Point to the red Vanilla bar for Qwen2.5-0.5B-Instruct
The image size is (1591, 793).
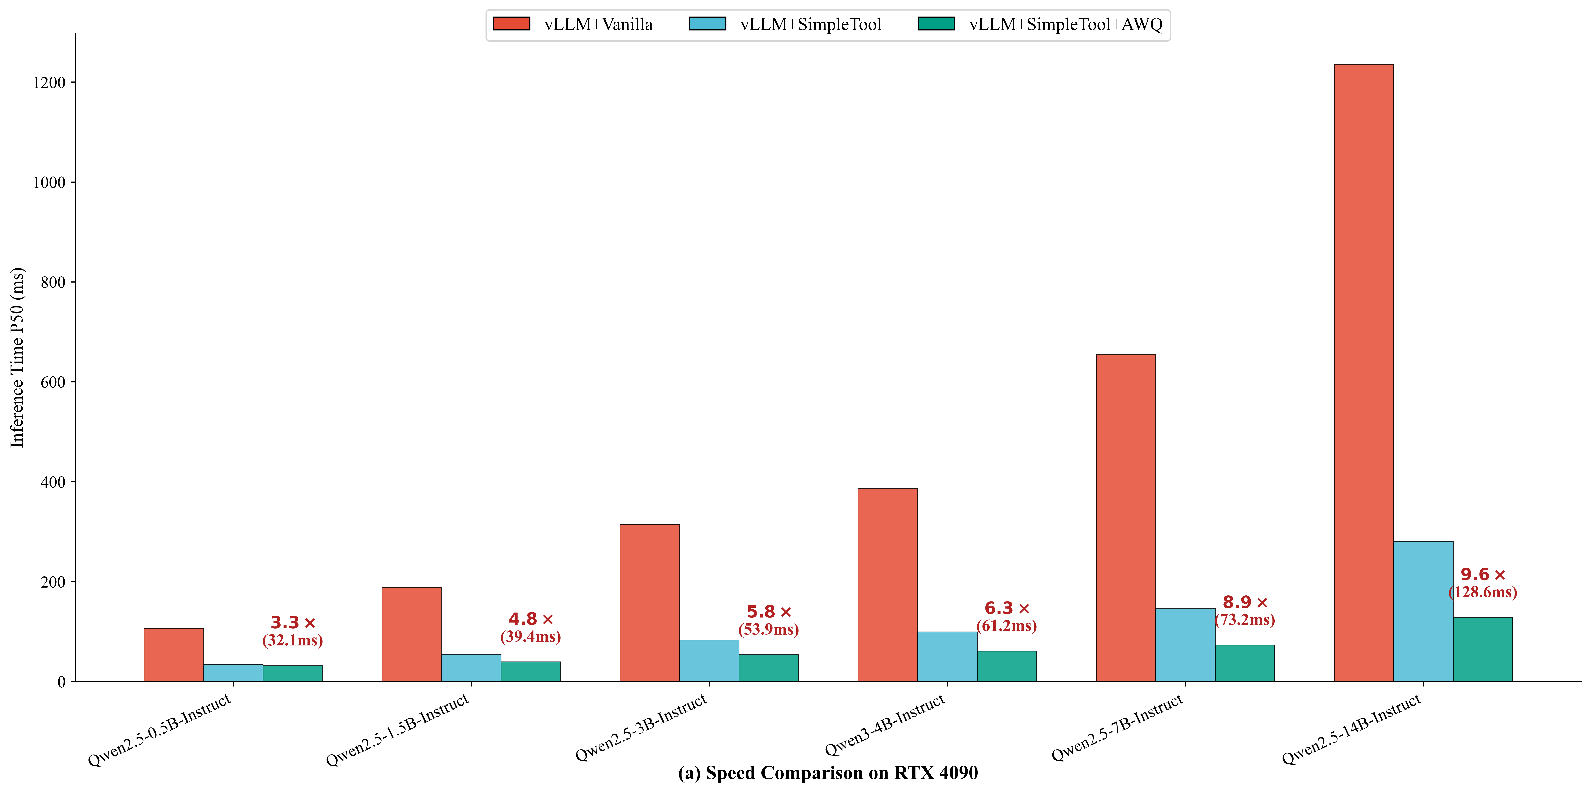(174, 655)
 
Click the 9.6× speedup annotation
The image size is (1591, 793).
(1483, 574)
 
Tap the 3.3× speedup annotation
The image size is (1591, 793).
(293, 623)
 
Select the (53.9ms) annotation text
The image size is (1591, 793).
(768, 629)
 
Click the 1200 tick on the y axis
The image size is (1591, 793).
(49, 82)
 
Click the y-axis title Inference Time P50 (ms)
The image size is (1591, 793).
(17, 357)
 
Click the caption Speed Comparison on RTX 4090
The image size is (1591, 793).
(828, 773)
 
